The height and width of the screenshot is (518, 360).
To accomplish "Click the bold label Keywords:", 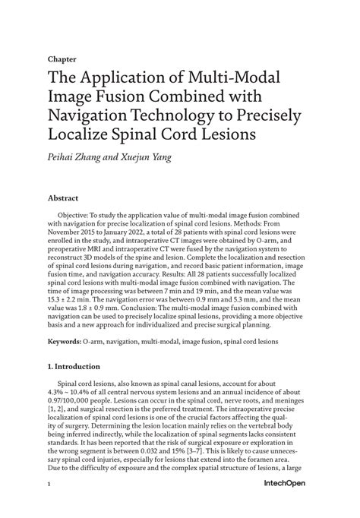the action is click(x=65, y=342).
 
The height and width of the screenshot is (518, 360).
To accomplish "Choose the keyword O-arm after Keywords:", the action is click(x=96, y=342).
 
